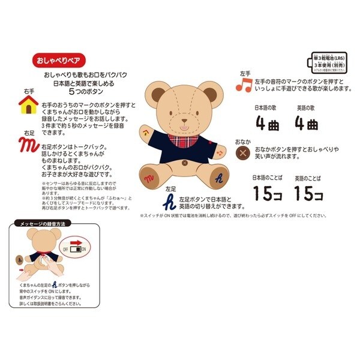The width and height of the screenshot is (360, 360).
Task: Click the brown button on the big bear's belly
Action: (x=185, y=162)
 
